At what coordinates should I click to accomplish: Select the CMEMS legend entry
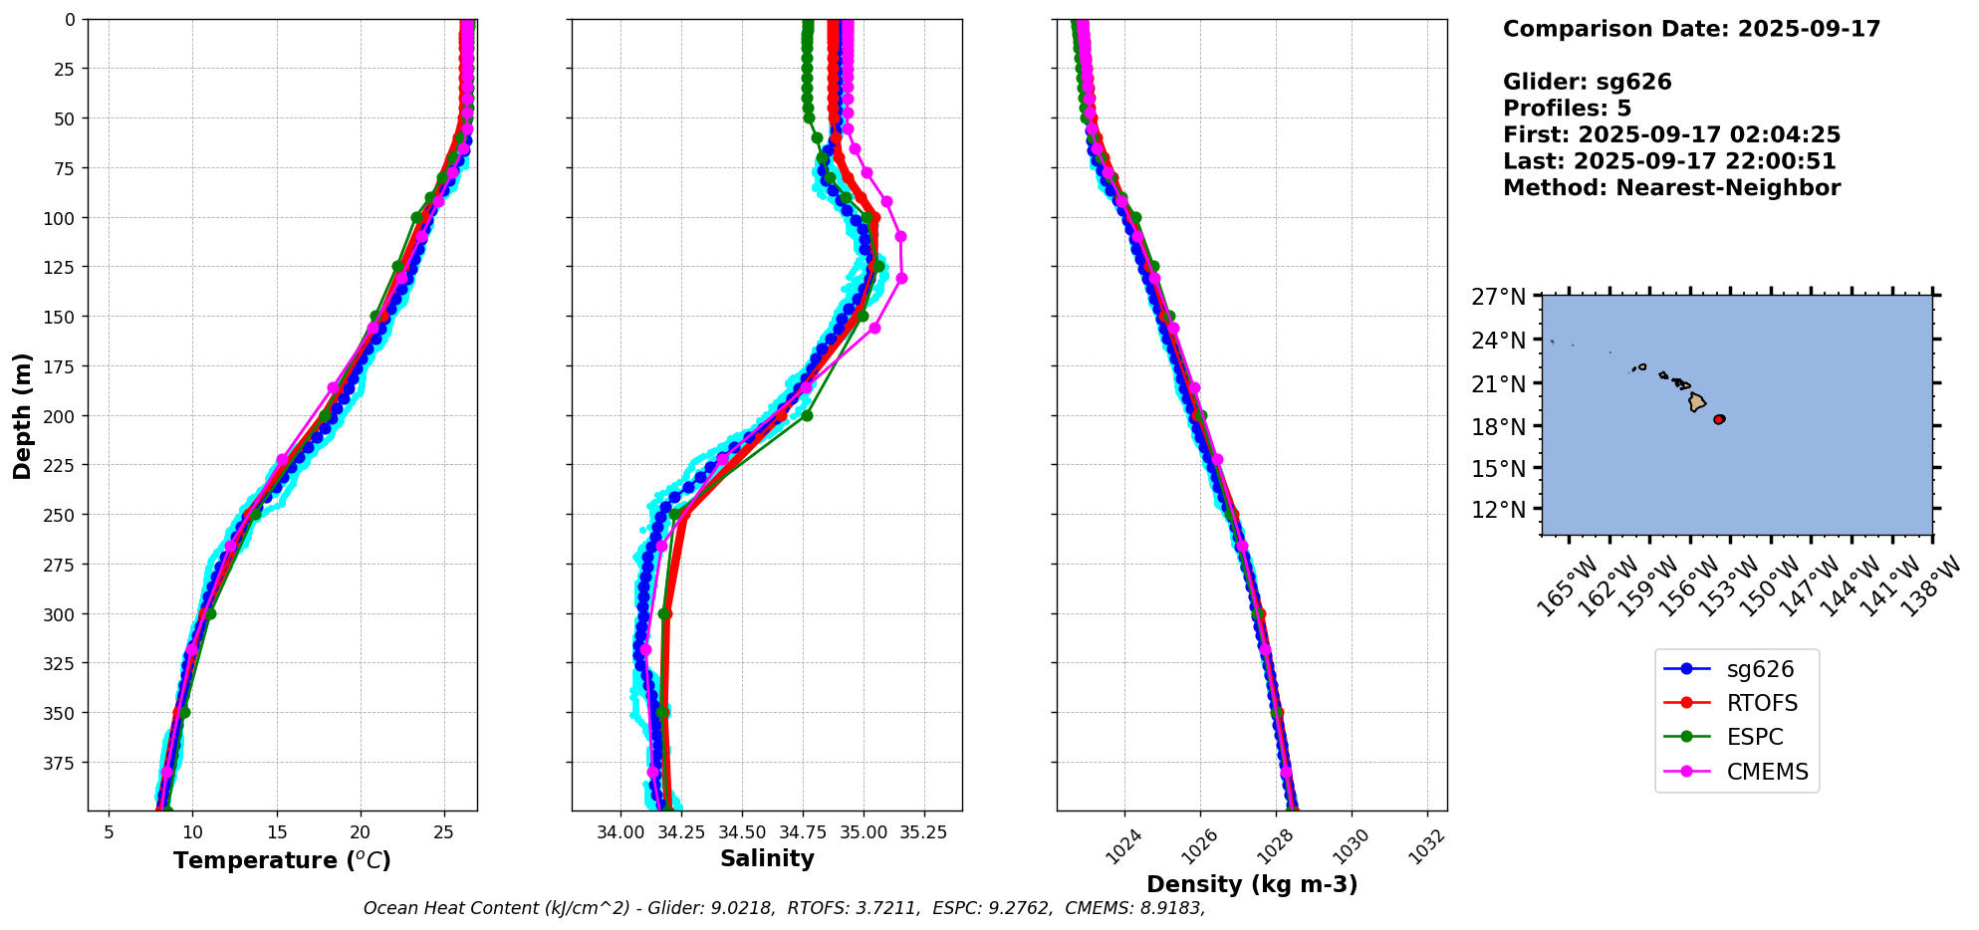point(1767,772)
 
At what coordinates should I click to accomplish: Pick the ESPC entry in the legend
point(1754,737)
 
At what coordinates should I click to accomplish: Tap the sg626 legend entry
point(1760,669)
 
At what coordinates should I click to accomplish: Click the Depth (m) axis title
point(22,415)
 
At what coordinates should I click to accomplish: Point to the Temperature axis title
point(282,860)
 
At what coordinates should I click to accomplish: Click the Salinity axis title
point(767,858)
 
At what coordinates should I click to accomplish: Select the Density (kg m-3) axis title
point(1252,884)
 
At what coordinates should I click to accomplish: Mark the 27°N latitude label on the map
point(1498,297)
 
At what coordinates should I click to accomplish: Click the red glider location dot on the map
point(1719,419)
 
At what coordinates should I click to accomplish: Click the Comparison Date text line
point(1691,29)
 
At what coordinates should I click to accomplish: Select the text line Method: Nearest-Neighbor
point(1671,187)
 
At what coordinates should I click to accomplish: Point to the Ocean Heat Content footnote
point(784,908)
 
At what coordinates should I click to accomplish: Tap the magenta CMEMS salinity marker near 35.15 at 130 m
point(901,279)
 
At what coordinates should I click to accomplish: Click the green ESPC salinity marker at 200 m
point(807,415)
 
